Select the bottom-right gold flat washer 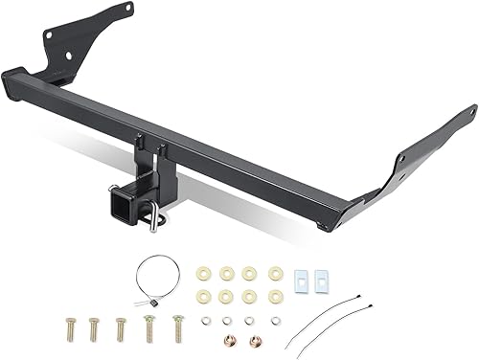point(276,296)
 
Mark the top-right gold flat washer point(276,273)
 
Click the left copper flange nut point(230,342)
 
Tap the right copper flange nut point(256,342)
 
